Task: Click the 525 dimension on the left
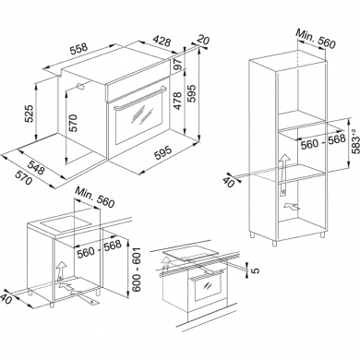click(x=31, y=114)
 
